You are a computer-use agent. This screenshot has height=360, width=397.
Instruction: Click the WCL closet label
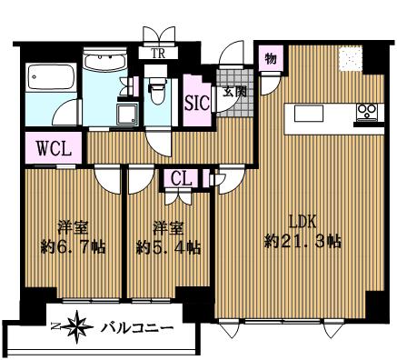click(54, 148)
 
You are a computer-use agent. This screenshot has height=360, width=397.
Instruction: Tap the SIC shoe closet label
click(197, 103)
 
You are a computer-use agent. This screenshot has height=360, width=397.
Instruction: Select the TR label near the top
click(158, 54)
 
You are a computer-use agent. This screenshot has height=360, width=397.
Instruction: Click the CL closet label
click(182, 179)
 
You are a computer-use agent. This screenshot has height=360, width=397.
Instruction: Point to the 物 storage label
click(271, 58)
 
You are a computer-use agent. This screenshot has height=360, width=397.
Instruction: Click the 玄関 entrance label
click(234, 92)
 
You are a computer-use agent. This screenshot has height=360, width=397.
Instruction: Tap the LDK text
click(303, 223)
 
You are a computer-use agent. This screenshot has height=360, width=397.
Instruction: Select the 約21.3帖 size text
click(303, 242)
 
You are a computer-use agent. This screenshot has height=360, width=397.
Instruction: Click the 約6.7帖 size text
click(73, 247)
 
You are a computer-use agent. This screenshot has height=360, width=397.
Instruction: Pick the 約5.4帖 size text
click(168, 247)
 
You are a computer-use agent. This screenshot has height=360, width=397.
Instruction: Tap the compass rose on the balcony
click(75, 327)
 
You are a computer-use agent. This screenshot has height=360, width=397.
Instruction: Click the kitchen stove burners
click(367, 111)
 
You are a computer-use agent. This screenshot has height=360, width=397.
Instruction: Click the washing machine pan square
click(127, 114)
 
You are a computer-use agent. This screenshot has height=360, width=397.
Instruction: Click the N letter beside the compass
click(55, 326)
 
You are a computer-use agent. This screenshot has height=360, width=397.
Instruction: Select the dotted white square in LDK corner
click(350, 59)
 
